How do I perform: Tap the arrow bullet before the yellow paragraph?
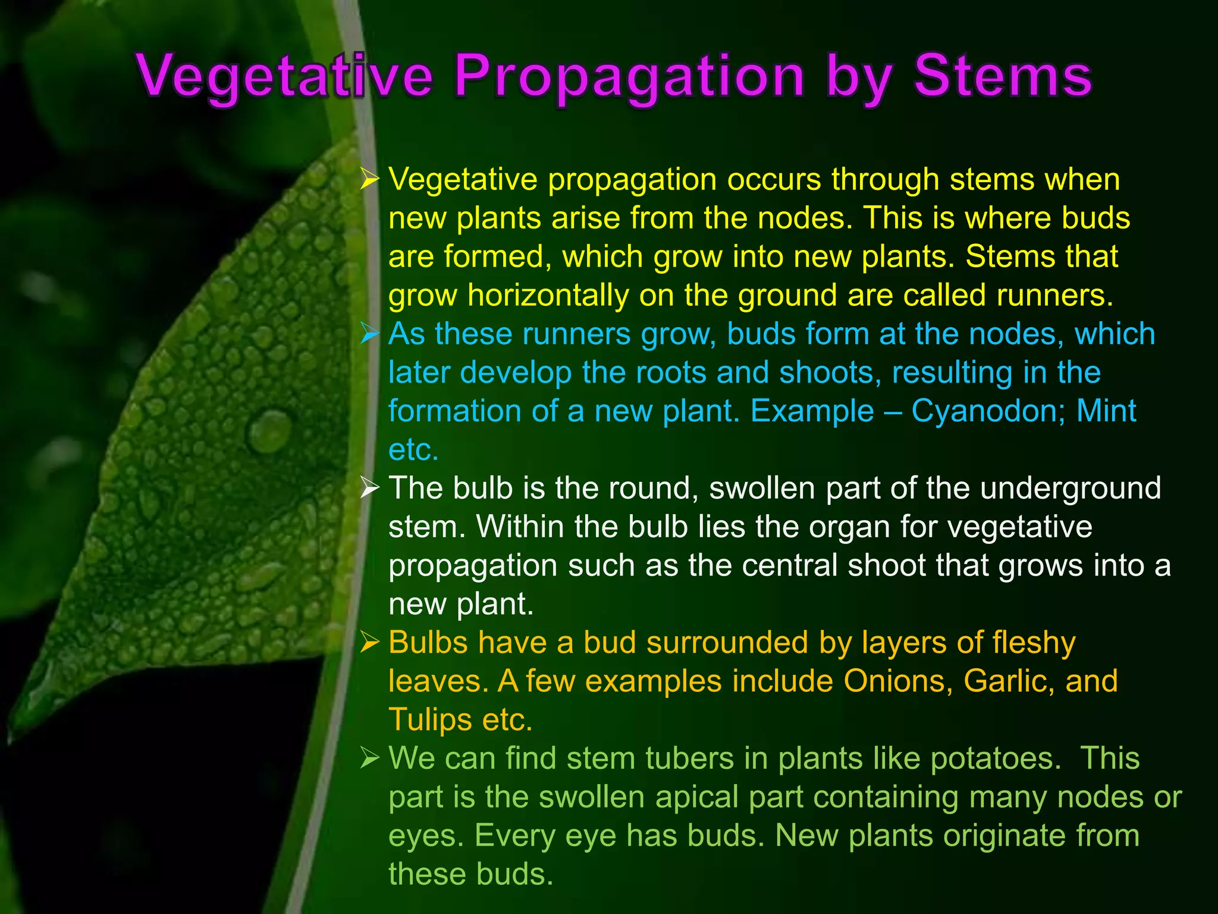click(369, 179)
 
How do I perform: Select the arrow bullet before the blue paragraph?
click(369, 334)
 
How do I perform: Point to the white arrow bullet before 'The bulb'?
click(369, 489)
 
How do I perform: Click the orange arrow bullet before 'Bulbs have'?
click(369, 643)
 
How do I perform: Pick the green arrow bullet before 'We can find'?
click(369, 759)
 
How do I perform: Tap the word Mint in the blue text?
click(1106, 411)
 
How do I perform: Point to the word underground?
click(1070, 489)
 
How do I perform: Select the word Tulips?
click(430, 720)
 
